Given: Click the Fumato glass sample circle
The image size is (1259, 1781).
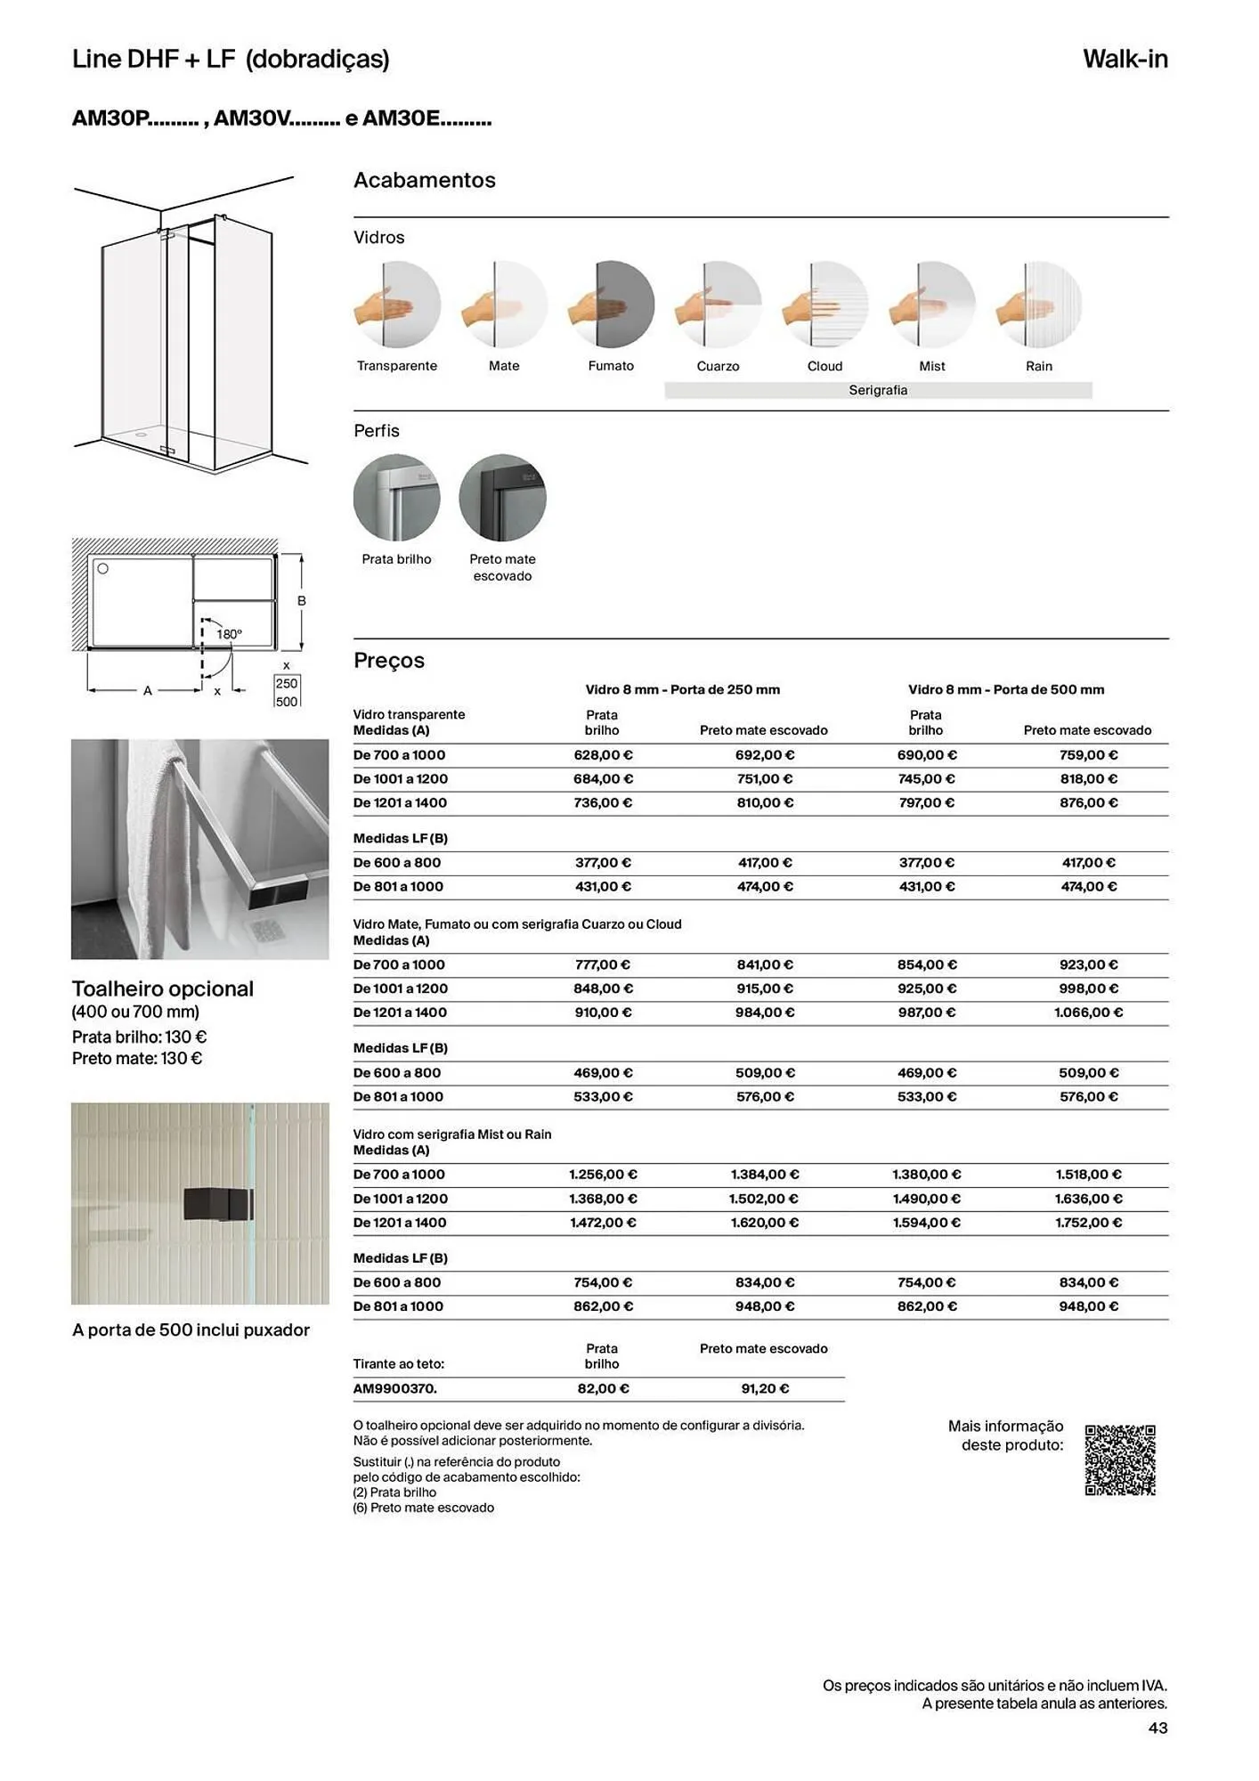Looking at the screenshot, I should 611,305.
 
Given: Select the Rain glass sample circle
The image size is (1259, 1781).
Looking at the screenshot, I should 1039,305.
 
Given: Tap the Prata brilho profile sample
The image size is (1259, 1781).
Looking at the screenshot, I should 396,497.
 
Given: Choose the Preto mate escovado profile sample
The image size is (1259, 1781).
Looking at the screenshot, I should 502,497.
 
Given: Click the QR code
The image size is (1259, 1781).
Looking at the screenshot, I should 1120,1460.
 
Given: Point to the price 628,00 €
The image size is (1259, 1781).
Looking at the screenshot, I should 603,755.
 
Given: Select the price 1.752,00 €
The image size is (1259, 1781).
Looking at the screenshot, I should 1088,1223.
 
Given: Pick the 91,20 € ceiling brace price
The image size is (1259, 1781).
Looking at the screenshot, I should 765,1388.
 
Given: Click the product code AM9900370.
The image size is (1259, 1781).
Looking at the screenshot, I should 394,1388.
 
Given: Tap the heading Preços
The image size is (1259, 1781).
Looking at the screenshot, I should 389,661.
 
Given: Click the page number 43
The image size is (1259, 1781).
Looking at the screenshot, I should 1157,1728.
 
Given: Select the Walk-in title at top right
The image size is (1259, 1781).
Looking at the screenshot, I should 1125,59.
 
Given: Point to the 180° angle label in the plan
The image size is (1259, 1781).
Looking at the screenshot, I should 229,634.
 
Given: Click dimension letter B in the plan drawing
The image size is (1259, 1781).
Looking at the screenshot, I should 302,601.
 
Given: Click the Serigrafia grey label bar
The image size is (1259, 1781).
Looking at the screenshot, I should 878,390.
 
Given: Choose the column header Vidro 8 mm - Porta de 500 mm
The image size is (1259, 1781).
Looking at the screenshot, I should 1006,689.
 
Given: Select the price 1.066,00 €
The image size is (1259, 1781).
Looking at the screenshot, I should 1088,1012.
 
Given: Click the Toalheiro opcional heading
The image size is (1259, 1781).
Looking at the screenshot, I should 163,988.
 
